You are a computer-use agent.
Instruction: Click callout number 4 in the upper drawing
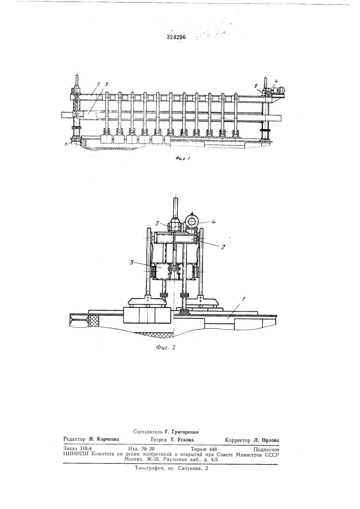coord(276,80)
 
